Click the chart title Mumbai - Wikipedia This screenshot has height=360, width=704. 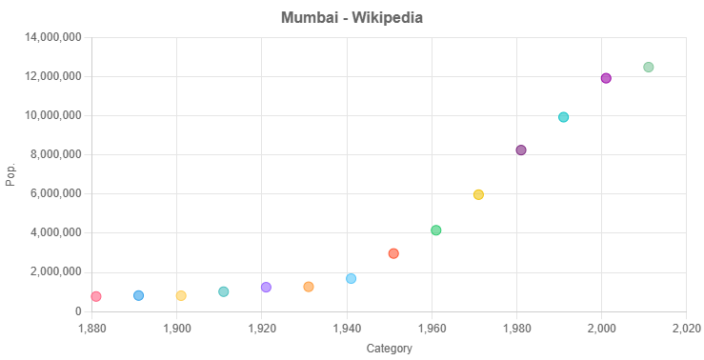point(352,17)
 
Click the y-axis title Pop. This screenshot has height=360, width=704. point(10,174)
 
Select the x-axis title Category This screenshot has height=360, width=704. point(389,349)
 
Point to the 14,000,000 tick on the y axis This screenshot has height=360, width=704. point(53,37)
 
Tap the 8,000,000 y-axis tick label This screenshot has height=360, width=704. point(56,154)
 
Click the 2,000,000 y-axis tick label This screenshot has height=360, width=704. point(56,271)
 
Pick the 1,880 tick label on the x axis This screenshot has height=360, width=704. point(91,327)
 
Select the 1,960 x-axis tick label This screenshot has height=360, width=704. point(432,327)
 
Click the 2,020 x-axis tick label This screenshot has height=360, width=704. point(686,327)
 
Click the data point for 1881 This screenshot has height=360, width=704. point(96,296)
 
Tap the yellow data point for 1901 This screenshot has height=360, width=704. point(181,295)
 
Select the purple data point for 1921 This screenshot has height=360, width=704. point(266,287)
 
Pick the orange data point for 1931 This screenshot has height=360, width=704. point(309,287)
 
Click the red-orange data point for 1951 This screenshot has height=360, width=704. point(393,253)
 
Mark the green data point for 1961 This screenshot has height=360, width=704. point(436,230)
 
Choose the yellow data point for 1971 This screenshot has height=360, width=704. point(478,194)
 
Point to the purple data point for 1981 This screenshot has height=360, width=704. point(521,150)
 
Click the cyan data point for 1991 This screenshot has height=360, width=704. point(563,117)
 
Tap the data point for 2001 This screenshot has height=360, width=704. point(606,78)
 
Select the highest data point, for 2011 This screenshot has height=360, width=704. point(649,67)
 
